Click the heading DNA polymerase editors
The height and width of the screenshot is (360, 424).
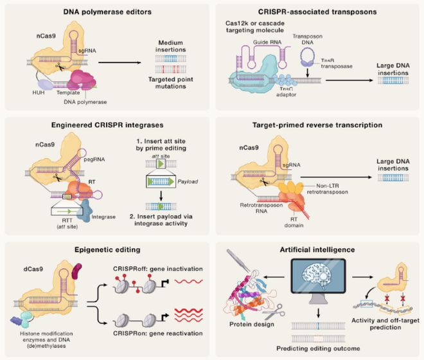pyautogui.click(x=103, y=12)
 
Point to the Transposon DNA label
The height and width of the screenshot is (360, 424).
pyautogui.click(x=310, y=39)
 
